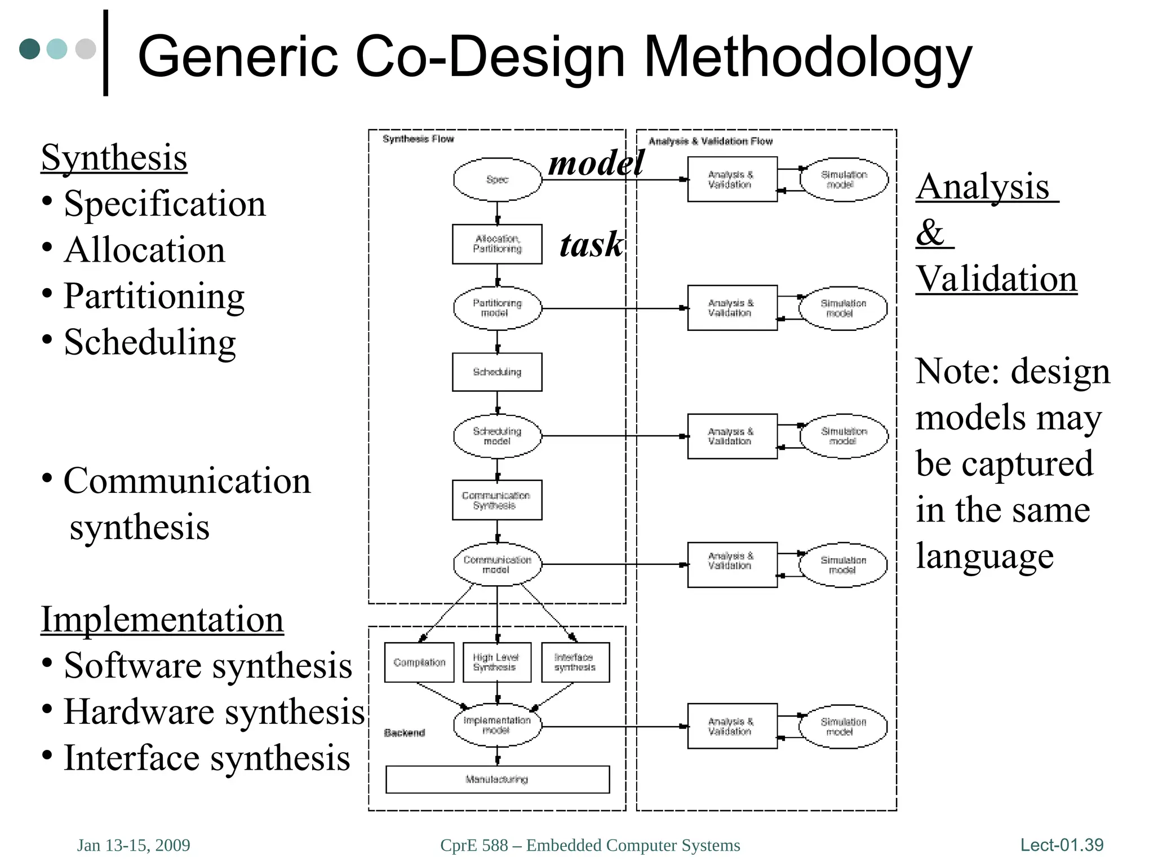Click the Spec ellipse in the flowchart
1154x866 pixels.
pyautogui.click(x=497, y=179)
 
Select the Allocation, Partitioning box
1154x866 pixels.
pyautogui.click(x=497, y=244)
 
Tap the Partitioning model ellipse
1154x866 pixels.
pyautogui.click(x=497, y=308)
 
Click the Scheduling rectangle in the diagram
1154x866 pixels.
pyautogui.click(x=497, y=372)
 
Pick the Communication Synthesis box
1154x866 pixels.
pyautogui.click(x=497, y=500)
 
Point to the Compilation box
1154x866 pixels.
pyautogui.click(x=419, y=662)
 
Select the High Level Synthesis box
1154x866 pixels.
pyautogui.click(x=497, y=662)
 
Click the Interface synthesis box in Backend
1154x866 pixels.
pyautogui.click(x=575, y=662)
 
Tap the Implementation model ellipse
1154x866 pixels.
pyautogui.click(x=497, y=726)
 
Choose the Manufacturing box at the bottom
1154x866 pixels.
pyautogui.click(x=497, y=780)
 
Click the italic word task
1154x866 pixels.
pyautogui.click(x=591, y=245)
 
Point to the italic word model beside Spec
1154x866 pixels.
pyautogui.click(x=596, y=164)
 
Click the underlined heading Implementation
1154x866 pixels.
pyautogui.click(x=162, y=620)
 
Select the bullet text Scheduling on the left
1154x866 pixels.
pyautogui.click(x=149, y=342)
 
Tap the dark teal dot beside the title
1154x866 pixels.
pyautogui.click(x=30, y=49)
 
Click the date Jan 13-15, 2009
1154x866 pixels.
pyautogui.click(x=134, y=845)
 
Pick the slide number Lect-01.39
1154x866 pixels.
pyautogui.click(x=1062, y=845)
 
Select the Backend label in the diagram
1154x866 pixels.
pyautogui.click(x=404, y=733)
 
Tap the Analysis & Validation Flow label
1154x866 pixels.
pyautogui.click(x=711, y=141)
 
